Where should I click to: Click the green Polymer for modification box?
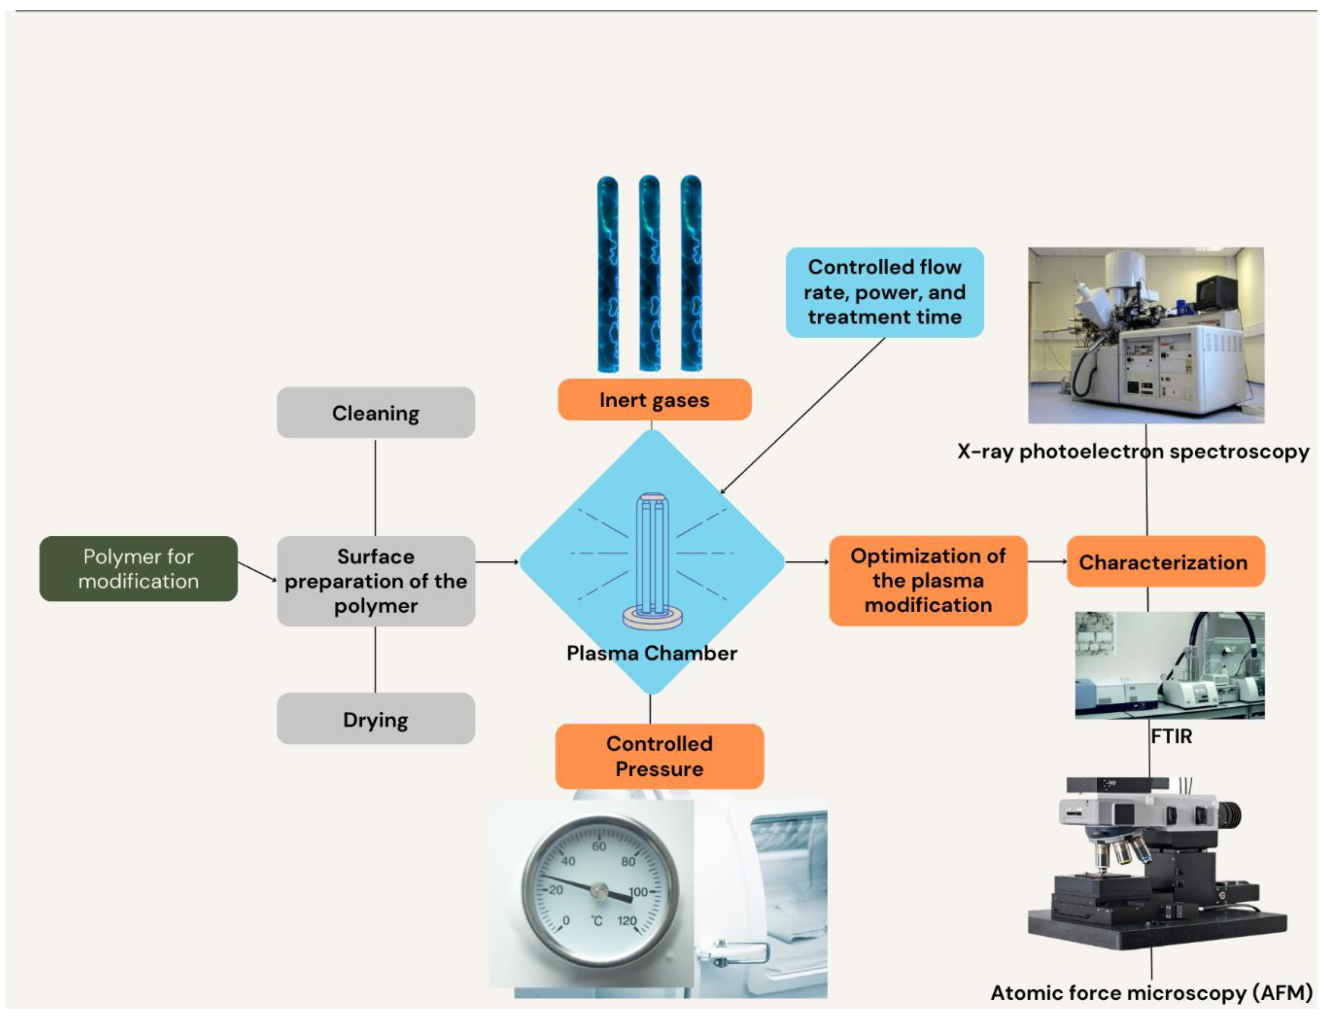[x=139, y=568]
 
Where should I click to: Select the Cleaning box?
[x=376, y=413]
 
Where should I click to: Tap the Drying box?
[x=376, y=719]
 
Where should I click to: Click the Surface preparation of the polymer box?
[x=376, y=581]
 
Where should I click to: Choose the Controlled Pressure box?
[x=659, y=756]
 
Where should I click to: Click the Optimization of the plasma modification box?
[x=928, y=581]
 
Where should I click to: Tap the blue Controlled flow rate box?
[x=884, y=292]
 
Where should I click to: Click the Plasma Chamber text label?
[x=651, y=653]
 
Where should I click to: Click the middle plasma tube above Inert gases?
[x=650, y=273]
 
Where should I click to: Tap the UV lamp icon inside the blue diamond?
[x=653, y=559]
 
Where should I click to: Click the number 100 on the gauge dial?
[x=638, y=892]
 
